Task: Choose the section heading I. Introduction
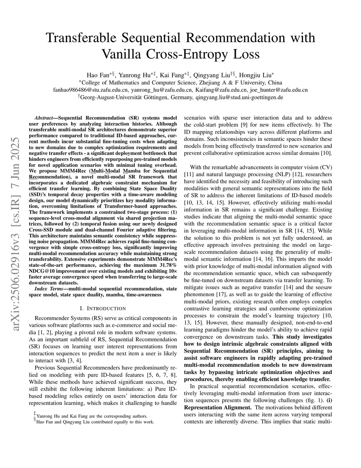103,308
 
